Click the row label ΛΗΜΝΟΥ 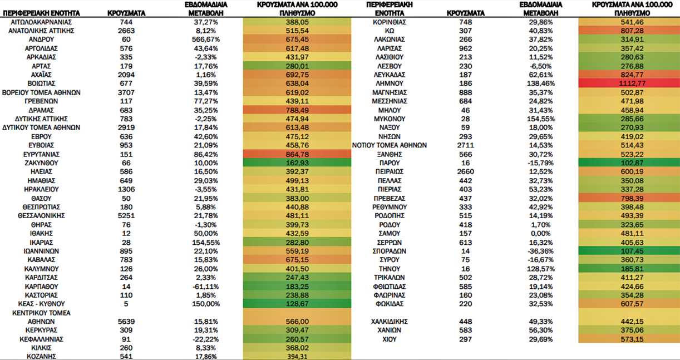tap(390, 83)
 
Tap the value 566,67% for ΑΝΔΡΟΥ tap(206, 40)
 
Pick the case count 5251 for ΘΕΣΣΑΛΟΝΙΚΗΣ tap(126, 216)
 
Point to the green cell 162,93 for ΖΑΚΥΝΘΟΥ tap(297, 163)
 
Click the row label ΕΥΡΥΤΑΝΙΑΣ tap(41, 155)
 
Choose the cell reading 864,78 tap(297, 154)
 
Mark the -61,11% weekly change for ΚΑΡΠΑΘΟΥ tap(206, 287)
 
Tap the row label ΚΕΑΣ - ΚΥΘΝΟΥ tap(41, 304)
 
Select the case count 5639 tap(126, 322)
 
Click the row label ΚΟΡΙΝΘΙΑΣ tap(390, 22)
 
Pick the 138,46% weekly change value tap(541, 83)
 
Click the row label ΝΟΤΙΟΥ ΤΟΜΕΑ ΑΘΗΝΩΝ tap(390, 145)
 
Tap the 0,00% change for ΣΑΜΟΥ tap(541, 234)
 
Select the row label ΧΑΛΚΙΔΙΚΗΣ tap(390, 322)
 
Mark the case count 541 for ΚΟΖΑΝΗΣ tap(126, 356)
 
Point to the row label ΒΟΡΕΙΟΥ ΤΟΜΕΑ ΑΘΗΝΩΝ tap(41, 92)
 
